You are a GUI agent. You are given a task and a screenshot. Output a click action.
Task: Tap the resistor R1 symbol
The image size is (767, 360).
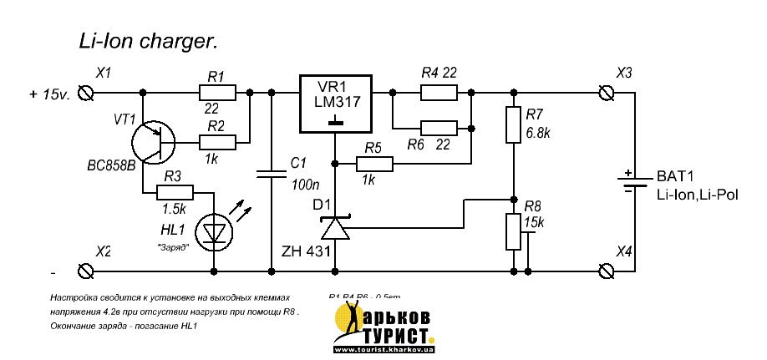click(x=217, y=92)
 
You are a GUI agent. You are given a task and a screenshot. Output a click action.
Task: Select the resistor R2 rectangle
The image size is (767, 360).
click(x=217, y=141)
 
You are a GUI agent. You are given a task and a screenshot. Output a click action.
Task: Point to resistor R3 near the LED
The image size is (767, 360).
click(x=175, y=193)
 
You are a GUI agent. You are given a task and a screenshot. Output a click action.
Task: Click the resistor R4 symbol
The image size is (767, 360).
click(x=439, y=92)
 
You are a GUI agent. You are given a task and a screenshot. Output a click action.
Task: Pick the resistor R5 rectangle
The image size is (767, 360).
click(x=373, y=164)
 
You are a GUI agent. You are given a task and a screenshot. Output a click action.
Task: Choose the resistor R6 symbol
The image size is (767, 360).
click(x=439, y=128)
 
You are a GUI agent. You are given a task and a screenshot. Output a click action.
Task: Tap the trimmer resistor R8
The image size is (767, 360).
click(x=512, y=231)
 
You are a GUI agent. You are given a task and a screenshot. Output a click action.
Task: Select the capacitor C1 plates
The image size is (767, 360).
click(x=272, y=175)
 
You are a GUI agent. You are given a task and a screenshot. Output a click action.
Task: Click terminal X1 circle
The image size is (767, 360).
click(x=84, y=92)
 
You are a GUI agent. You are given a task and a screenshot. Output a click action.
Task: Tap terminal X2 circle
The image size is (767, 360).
click(x=84, y=270)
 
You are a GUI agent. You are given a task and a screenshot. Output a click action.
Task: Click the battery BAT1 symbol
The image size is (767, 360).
click(x=635, y=182)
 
